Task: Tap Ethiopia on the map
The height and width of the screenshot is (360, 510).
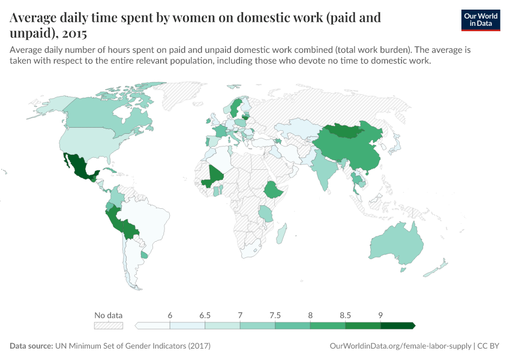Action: (274, 191)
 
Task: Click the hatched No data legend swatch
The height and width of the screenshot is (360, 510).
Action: (109, 326)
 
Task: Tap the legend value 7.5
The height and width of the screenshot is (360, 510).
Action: (275, 315)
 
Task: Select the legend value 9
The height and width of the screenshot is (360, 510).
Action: (380, 315)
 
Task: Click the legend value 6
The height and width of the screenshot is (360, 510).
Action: (170, 315)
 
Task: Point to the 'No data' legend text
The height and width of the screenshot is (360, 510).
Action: (109, 315)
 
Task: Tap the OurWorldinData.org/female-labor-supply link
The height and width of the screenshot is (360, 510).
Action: (400, 346)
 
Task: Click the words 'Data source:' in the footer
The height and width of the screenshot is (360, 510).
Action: (31, 346)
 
